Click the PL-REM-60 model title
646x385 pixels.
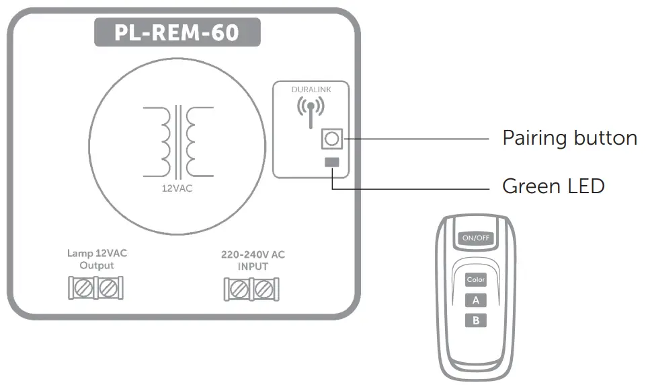pyautogui.click(x=177, y=32)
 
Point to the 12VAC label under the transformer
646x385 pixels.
pyautogui.click(x=177, y=188)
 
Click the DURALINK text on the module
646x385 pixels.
pyautogui.click(x=311, y=89)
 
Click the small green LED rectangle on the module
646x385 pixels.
pyautogui.click(x=332, y=162)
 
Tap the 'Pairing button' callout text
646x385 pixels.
pyautogui.click(x=569, y=138)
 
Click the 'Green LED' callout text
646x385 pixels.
pyautogui.click(x=553, y=186)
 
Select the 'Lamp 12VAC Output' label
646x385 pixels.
pyautogui.click(x=97, y=259)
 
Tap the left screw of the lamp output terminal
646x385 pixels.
pyautogui.click(x=85, y=289)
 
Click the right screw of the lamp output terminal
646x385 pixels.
pyautogui.click(x=108, y=289)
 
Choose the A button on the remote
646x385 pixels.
pyautogui.click(x=475, y=300)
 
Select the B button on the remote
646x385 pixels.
pyautogui.click(x=475, y=320)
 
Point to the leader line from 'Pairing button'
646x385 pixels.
pyautogui.click(x=417, y=139)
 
